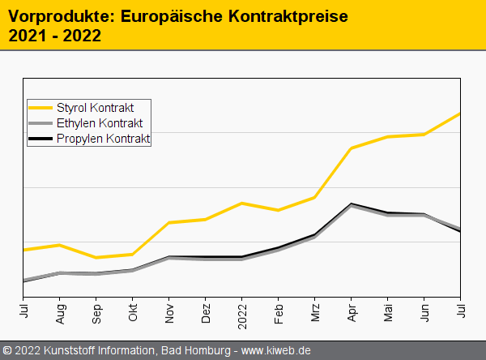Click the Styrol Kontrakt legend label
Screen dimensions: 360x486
click(x=95, y=107)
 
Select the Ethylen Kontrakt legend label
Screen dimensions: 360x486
click(x=99, y=123)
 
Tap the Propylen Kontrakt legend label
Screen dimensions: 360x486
click(x=103, y=139)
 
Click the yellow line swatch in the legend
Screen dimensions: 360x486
click(x=40, y=107)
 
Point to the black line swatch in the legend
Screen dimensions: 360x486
click(x=40, y=139)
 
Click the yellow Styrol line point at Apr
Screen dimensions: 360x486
click(x=351, y=148)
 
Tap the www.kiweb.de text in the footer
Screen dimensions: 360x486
click(x=276, y=350)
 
